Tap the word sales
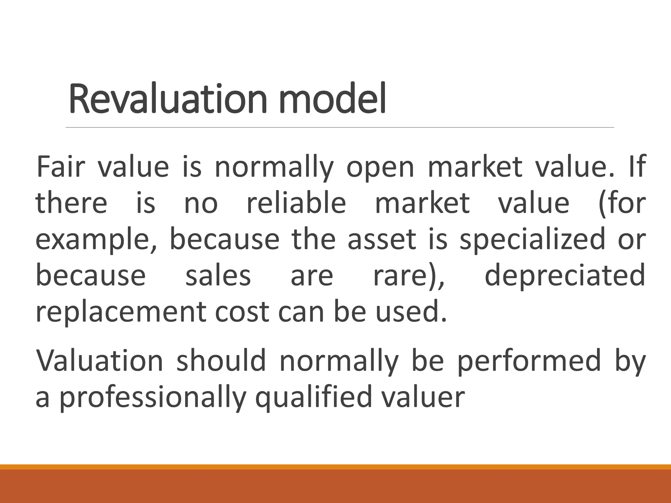(x=218, y=276)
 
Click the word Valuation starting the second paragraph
(x=99, y=361)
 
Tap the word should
(x=221, y=361)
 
